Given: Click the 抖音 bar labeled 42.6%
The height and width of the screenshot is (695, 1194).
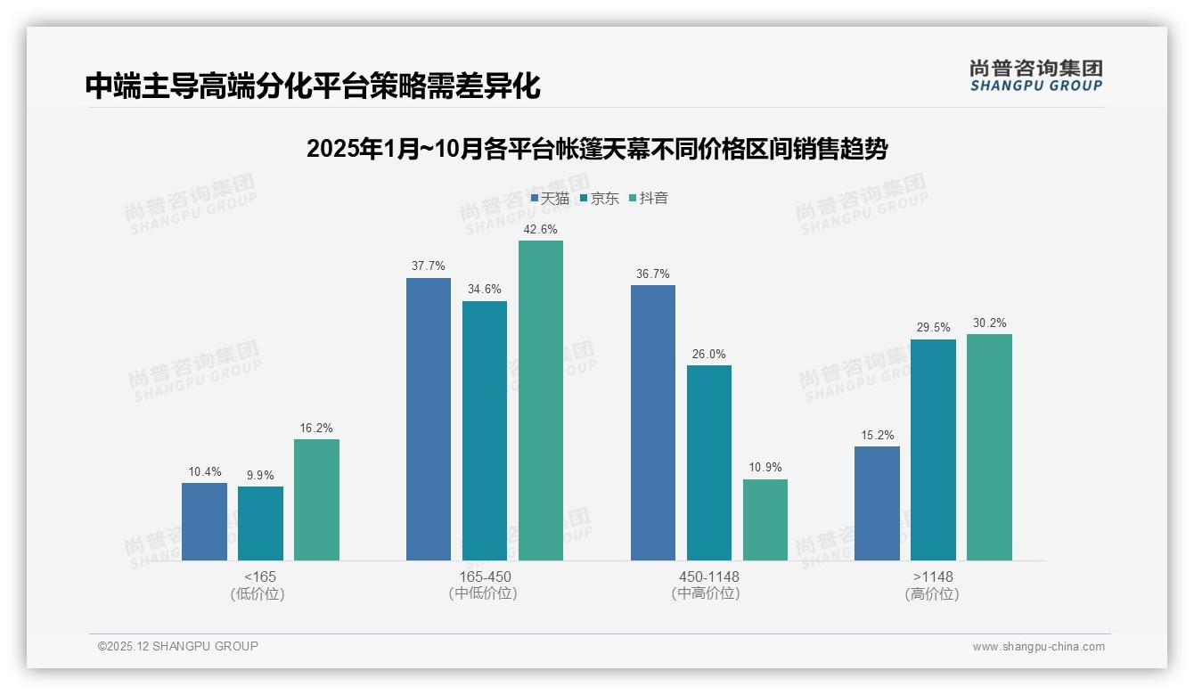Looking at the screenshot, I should pos(541,401).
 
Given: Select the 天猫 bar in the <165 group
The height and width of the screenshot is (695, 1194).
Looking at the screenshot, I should pos(204,522).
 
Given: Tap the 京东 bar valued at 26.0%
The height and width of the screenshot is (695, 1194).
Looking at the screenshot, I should pos(709,463).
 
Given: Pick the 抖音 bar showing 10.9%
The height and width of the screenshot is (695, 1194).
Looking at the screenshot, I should pos(765,520).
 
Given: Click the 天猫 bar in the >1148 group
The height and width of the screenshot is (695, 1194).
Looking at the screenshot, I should pos(877,503).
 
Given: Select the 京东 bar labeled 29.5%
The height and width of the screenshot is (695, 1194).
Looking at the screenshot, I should pos(933,450).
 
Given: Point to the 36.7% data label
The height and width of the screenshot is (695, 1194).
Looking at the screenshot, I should pos(652,274).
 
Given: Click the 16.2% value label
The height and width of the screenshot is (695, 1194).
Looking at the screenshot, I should pos(316,428).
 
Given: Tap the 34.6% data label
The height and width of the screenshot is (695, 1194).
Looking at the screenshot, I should pos(485,290).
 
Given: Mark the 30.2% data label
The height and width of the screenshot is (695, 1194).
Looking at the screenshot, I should pos(989,323).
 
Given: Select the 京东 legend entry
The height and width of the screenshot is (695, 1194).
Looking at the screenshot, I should pos(600,199).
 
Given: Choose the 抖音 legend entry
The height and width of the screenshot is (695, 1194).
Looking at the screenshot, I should pos(649,199).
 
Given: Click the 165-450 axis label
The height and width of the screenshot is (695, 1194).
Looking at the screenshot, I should pos(485,576).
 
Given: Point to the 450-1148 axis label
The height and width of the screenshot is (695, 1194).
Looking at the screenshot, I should pos(709,576).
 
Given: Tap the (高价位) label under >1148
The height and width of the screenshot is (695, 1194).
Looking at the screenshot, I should pos(933,593).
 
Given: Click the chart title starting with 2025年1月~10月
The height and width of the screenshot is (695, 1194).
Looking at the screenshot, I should pos(596,149).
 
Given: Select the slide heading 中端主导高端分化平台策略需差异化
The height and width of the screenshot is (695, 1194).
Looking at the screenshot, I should pos(313,86).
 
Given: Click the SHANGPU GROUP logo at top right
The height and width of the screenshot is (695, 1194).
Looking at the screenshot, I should pos(1036,76).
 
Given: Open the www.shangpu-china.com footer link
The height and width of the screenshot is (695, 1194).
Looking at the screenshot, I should pos(1038,647).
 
